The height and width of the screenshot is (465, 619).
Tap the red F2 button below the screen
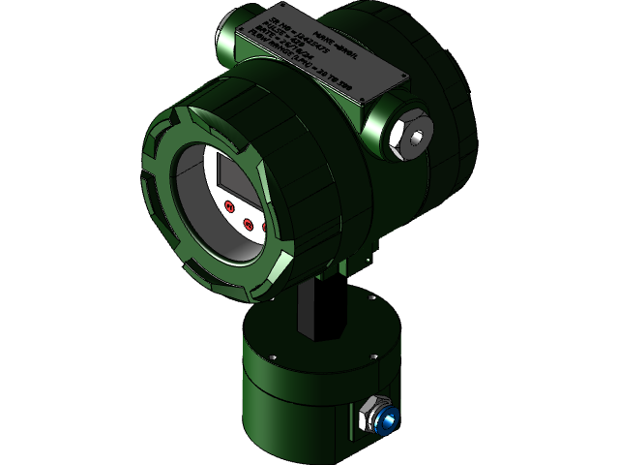tap(248, 225)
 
